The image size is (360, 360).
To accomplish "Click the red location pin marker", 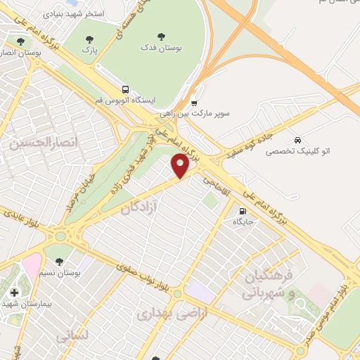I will tap(181, 166).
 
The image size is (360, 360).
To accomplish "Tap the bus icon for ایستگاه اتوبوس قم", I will tap(125, 90).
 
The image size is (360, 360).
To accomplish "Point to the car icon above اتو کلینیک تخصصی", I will tap(298, 140).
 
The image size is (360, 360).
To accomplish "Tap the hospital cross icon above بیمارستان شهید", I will tap(14, 292).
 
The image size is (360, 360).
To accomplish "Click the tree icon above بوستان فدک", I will tap(162, 36).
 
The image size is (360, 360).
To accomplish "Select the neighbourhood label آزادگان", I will tap(139, 209).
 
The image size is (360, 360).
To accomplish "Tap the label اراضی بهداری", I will tap(172, 314).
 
